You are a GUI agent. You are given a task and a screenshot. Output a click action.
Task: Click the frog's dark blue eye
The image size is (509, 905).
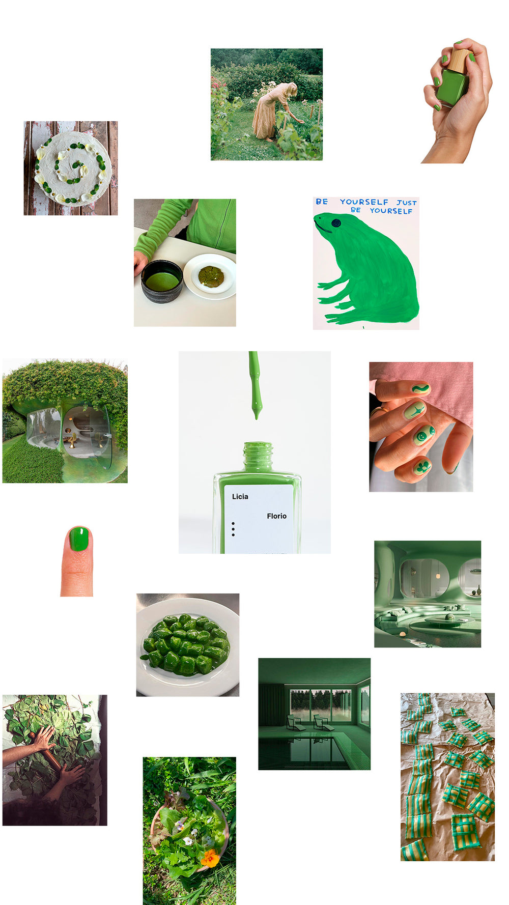click(x=336, y=223)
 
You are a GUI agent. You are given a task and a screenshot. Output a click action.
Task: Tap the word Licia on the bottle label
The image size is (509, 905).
click(x=240, y=497)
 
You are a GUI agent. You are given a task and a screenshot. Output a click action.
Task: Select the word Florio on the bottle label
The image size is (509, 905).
click(x=277, y=516)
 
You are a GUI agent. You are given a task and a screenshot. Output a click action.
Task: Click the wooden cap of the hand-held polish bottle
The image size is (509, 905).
click(x=460, y=60)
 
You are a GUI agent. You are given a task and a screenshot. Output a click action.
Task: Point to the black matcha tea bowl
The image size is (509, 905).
click(x=162, y=281)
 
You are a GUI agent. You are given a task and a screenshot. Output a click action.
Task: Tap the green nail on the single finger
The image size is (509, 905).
click(x=79, y=540)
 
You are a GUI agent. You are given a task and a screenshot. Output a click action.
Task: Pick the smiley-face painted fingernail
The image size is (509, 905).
click(x=423, y=436)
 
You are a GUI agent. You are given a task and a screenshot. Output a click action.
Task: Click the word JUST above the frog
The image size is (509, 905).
click(x=407, y=203)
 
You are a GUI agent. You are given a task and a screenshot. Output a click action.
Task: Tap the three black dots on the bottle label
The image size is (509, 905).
click(x=233, y=529)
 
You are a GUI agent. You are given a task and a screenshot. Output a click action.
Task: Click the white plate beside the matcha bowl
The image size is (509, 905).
click(x=210, y=276)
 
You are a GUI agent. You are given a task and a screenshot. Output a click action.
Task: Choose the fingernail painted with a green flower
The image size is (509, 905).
click(x=422, y=467)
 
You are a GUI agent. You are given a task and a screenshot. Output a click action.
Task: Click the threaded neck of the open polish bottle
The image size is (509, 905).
click(x=258, y=456)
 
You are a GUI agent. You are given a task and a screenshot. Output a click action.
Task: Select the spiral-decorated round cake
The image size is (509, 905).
click(x=72, y=168)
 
